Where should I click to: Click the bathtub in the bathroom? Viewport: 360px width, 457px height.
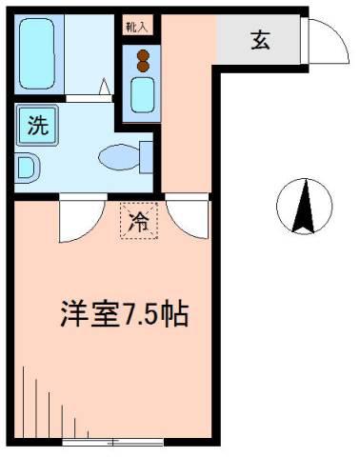pos(37,53)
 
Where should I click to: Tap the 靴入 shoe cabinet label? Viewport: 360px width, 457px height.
pos(137,28)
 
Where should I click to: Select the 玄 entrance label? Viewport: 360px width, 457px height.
pos(260,41)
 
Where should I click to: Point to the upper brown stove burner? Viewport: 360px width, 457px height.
pos(143,55)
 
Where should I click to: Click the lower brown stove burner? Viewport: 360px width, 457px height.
pos(143,66)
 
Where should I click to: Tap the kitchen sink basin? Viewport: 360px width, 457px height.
pos(143,94)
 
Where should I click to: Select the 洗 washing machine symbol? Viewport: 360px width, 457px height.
pos(38,125)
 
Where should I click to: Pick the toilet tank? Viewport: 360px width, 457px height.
pos(147,157)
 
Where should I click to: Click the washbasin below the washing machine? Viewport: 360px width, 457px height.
pos(28,169)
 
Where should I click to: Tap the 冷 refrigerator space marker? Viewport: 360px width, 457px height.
pos(139,220)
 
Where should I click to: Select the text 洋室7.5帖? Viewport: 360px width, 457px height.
pos(125,314)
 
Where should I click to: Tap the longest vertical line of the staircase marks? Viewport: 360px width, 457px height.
pos(24,402)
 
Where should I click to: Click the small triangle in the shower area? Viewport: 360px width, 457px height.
pos(105,87)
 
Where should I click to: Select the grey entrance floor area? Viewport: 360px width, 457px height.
pos(258,40)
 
